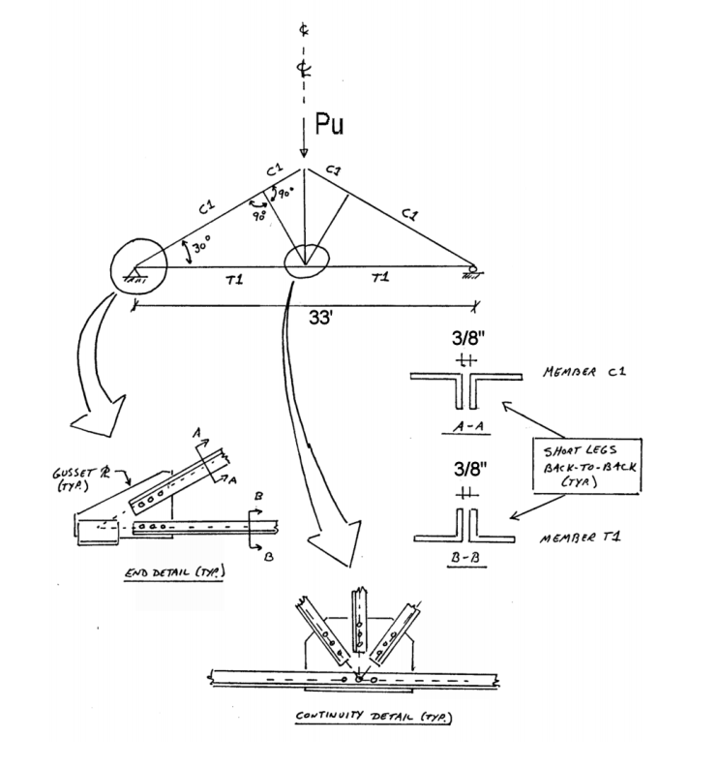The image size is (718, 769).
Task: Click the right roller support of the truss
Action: [x=473, y=271]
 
